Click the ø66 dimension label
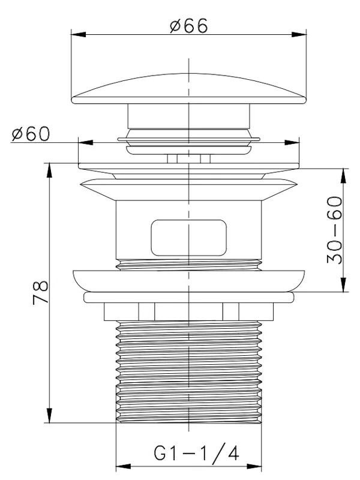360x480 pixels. point(189,25)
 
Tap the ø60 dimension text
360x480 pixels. point(31,134)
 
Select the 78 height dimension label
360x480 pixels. point(41,292)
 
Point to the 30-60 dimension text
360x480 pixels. point(334,230)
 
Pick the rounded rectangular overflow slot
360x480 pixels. point(189,238)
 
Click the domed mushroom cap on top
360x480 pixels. point(188,88)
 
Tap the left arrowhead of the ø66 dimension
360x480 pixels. point(79,34)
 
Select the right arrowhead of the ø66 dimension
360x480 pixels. point(299,34)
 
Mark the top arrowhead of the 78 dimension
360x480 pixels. point(49,170)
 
